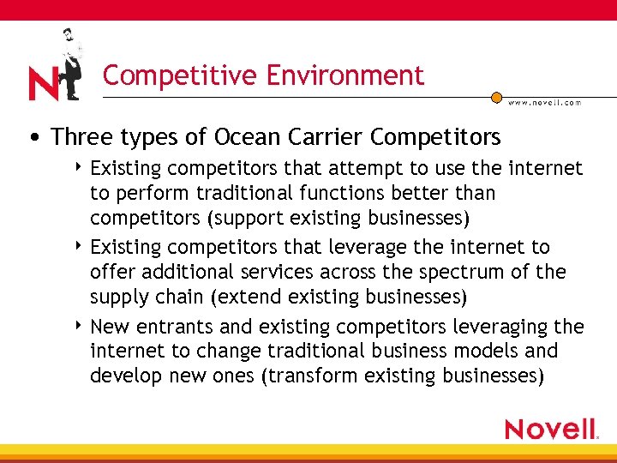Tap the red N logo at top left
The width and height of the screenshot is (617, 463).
(43, 84)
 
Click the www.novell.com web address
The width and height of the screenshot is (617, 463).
(544, 102)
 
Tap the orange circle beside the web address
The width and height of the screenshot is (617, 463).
(496, 98)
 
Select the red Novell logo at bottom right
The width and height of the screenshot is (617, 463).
(550, 429)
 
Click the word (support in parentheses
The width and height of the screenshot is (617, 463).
(245, 220)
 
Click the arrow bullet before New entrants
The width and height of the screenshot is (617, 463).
(79, 325)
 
